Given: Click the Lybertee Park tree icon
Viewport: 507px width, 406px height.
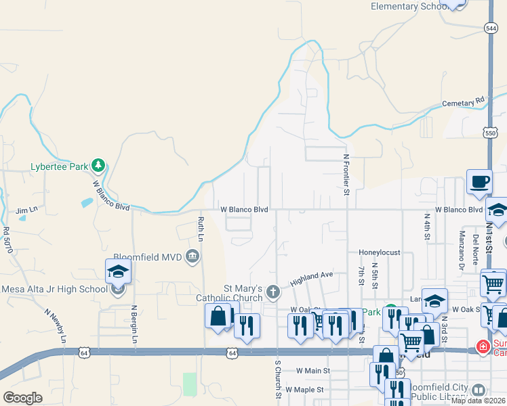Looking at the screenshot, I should [x=98, y=164].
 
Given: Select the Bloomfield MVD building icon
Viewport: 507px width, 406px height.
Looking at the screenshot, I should [x=192, y=256].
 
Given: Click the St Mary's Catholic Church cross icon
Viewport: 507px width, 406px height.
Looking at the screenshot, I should [x=272, y=292].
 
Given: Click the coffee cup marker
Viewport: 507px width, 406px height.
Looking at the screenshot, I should [x=479, y=181].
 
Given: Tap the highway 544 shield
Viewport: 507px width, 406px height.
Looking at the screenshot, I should [x=491, y=28].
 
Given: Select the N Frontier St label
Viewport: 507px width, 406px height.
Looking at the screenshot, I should [x=346, y=174].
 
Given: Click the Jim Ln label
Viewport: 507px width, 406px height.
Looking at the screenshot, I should [x=26, y=210].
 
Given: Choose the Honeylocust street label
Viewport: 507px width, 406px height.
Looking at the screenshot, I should [x=379, y=252].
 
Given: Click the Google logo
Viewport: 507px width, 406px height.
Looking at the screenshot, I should [x=22, y=398].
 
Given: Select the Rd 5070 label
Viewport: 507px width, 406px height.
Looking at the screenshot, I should [x=7, y=240].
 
